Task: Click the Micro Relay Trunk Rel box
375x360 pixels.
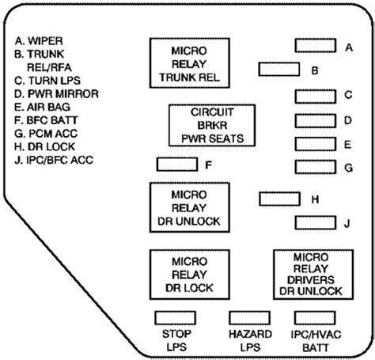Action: coord(190,63)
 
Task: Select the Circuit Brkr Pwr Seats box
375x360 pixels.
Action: coord(212,125)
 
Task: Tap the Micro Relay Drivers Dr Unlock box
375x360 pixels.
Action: coord(313,275)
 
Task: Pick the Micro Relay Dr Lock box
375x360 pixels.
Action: coord(190,275)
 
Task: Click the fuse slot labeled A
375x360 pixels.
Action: coord(316,46)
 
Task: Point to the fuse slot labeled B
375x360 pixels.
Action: coord(279,70)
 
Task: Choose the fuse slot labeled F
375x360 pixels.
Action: coord(177,165)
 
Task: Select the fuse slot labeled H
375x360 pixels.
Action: coord(280,199)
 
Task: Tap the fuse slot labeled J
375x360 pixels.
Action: coord(316,222)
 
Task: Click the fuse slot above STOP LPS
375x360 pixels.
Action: coord(176,318)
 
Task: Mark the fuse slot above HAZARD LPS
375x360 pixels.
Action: coord(250,318)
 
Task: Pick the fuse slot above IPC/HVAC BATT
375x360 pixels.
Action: coord(315,318)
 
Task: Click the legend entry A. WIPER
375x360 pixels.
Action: coord(39,41)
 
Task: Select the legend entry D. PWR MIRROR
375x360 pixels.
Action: coord(56,94)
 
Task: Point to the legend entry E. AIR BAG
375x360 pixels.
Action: coord(42,107)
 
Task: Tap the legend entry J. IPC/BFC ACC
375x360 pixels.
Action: coord(54,160)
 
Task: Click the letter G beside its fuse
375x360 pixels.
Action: coord(349,168)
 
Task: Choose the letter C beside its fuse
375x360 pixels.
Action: coord(348,95)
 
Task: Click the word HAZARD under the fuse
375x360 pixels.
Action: coord(250,334)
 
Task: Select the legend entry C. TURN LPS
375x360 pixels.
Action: coord(47,81)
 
